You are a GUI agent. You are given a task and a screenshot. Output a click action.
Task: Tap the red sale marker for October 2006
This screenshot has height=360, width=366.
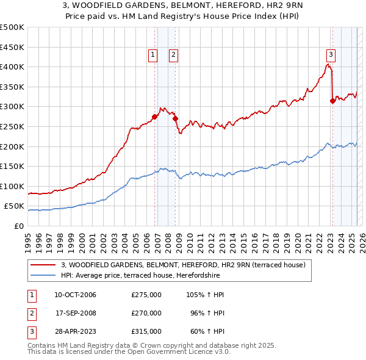155,117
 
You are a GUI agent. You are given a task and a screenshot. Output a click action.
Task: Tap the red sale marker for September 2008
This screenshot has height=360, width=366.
175,118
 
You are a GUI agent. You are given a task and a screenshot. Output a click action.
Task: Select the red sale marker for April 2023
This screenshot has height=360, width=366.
332,101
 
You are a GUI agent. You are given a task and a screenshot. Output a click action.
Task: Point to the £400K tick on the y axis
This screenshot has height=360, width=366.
12,67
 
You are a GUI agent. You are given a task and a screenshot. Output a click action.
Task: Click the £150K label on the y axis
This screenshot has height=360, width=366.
12,166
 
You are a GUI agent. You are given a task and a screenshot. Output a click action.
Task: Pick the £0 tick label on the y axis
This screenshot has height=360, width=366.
19,226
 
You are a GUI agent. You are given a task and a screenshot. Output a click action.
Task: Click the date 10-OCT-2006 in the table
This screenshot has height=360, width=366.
75,295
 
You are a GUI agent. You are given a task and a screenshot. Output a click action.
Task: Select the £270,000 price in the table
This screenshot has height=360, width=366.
146,313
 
